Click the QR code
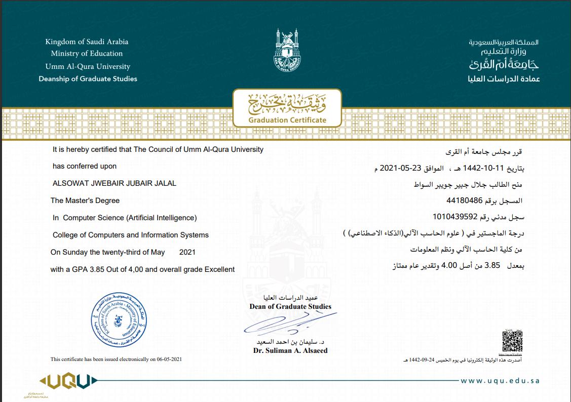512,342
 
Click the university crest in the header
287,51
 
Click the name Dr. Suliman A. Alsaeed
290,350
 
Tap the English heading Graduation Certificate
287,120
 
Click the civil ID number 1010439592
455,217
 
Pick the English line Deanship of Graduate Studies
88,78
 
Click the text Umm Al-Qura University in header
88,66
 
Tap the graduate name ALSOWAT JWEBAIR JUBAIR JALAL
115,183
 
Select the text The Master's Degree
85,200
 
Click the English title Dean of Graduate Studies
290,306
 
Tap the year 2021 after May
187,252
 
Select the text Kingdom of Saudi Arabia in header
87,42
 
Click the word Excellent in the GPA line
219,269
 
